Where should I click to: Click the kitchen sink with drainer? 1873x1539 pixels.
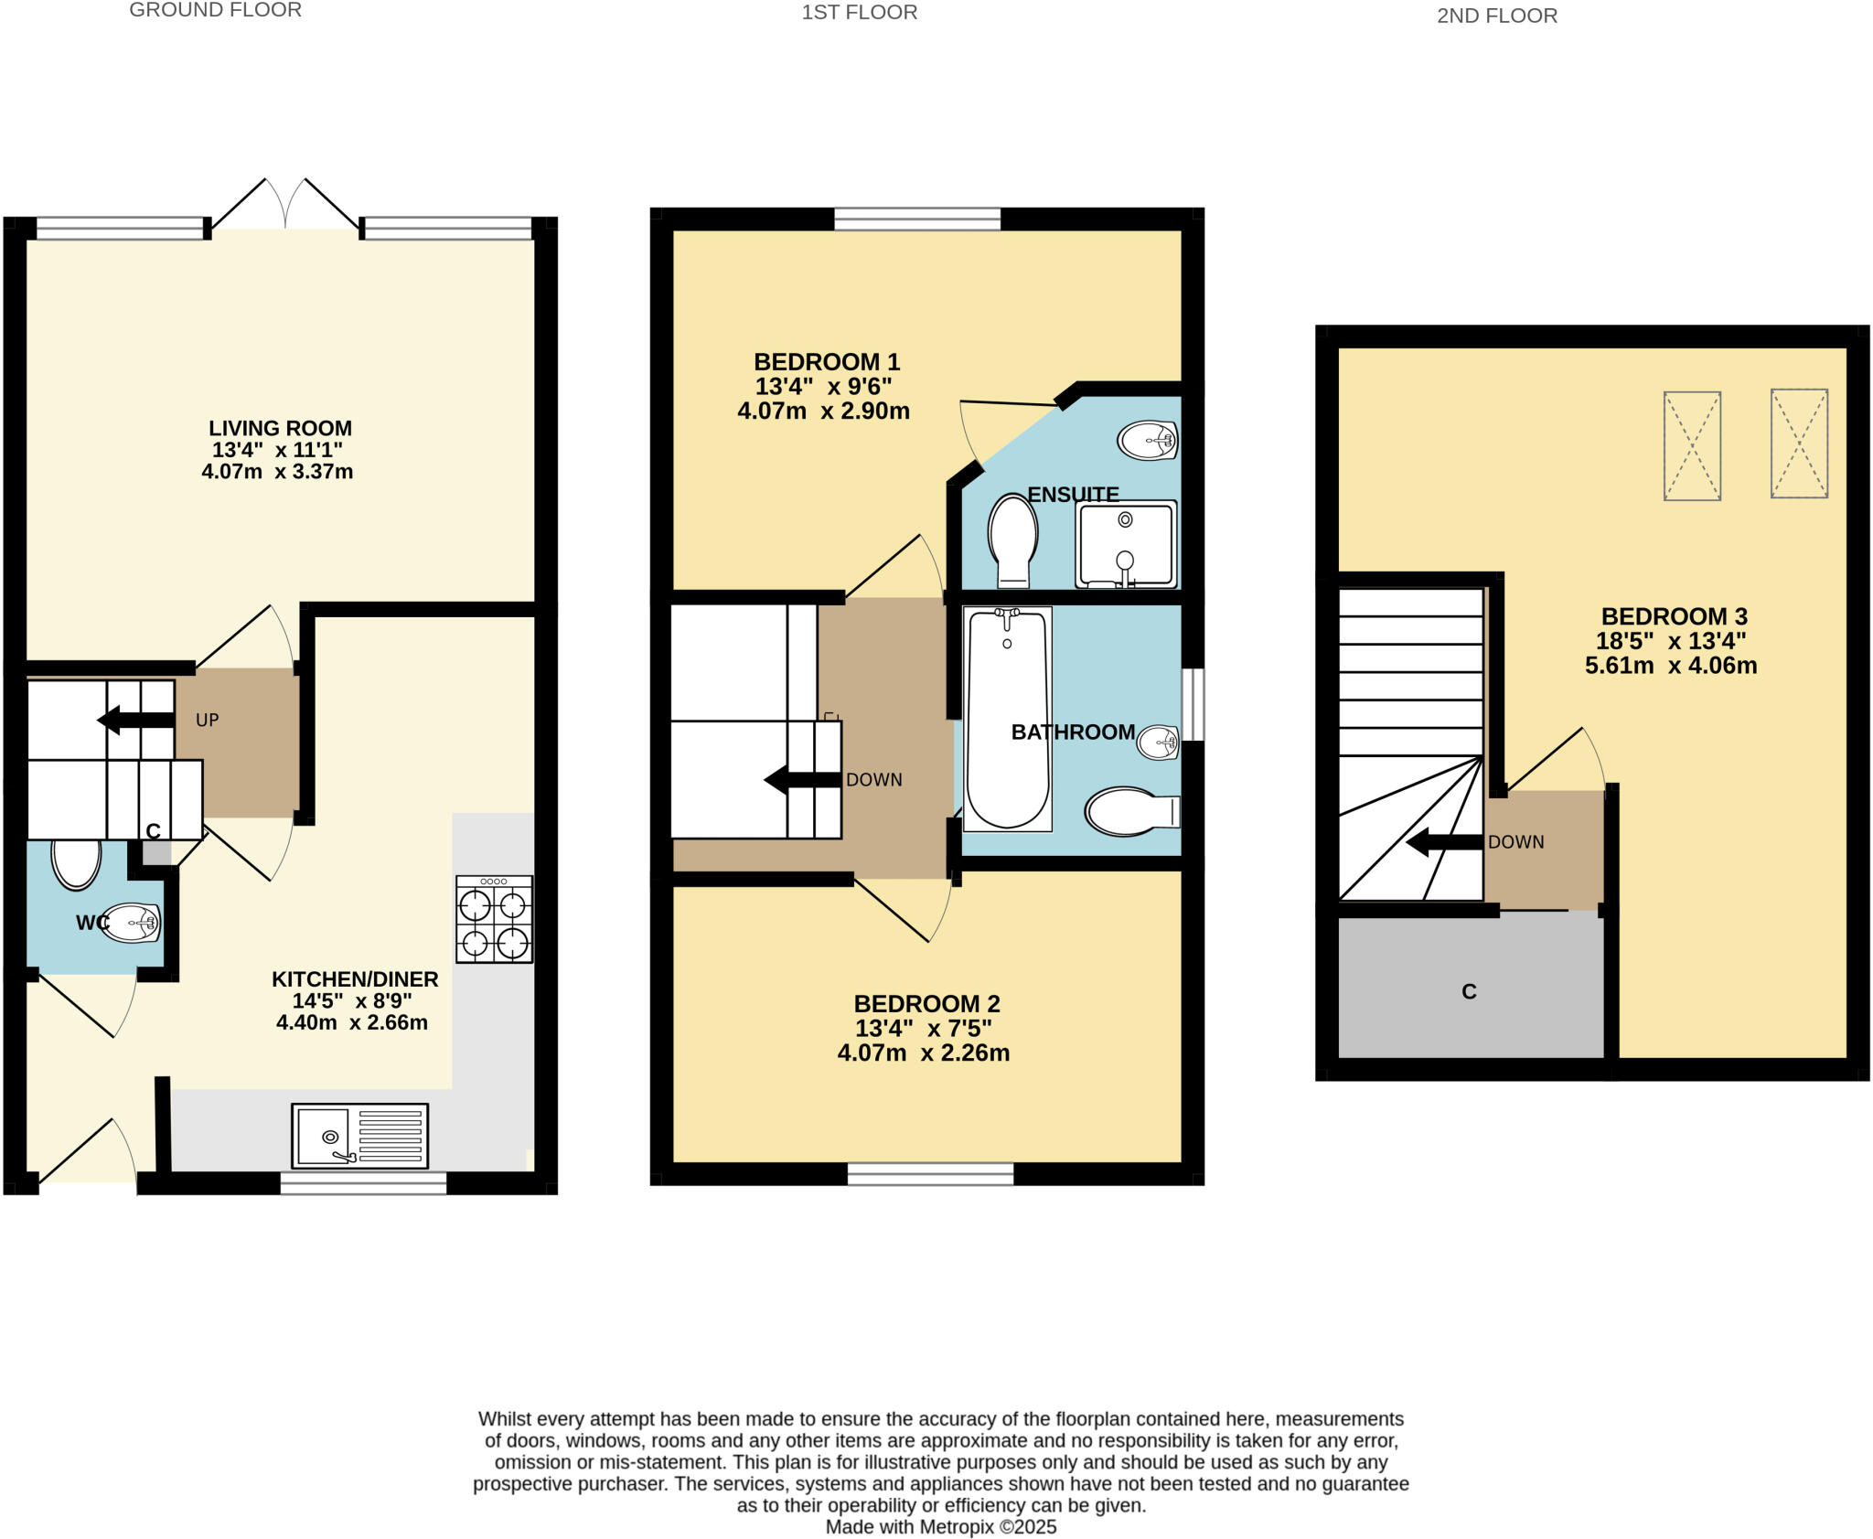coord(359,1135)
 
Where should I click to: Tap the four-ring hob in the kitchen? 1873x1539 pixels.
coord(494,919)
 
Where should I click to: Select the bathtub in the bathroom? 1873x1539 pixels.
coord(1007,720)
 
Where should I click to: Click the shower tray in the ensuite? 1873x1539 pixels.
coord(1126,543)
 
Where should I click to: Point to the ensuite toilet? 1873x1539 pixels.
coord(1012,539)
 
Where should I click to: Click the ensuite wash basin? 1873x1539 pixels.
coord(1147,441)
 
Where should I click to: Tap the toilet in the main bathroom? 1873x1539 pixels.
coord(1130,811)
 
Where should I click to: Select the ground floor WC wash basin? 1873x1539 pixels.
coord(131,923)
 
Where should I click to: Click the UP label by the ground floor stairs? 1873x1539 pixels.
coord(208,720)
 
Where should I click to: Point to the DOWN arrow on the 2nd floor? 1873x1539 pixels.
coord(1443,842)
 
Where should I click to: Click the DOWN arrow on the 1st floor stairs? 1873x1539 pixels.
coord(801,780)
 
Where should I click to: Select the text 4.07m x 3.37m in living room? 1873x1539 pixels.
coord(277,472)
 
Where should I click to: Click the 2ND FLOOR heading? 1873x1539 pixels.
coord(1496,16)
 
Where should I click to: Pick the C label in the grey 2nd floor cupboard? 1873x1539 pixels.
coord(1469,991)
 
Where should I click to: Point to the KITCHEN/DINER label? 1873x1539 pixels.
coord(355,978)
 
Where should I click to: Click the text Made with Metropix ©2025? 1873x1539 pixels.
coord(940,1527)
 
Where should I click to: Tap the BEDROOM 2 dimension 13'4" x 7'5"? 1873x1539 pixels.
coord(923,1028)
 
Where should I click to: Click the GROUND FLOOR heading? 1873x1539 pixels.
coord(215,10)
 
